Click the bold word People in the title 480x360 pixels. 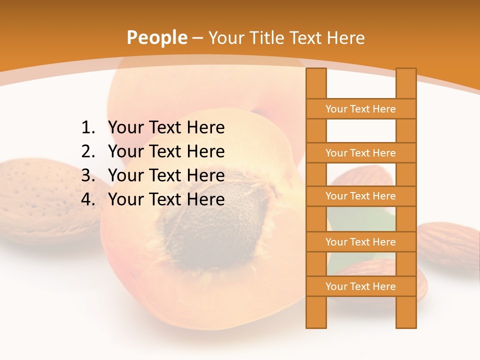coord(156,37)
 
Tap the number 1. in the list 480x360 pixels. coord(88,128)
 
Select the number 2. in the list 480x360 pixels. coord(88,151)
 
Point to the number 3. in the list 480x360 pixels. coord(88,175)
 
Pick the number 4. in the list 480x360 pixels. coord(88,199)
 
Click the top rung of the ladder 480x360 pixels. coord(360,109)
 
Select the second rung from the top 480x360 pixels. coord(360,153)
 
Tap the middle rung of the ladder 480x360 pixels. coord(360,196)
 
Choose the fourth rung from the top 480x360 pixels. coord(360,242)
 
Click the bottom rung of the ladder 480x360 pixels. coord(360,286)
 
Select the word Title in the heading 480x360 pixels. coord(267,38)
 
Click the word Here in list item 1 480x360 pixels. coord(205,128)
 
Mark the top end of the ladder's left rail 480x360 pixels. coord(316,71)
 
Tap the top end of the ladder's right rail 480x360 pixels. coord(406,71)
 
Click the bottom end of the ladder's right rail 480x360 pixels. coord(406,325)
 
